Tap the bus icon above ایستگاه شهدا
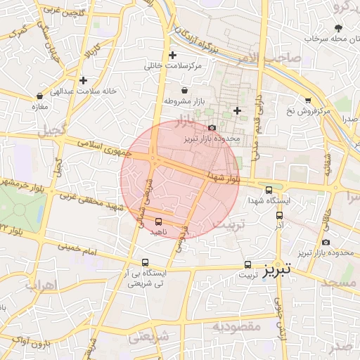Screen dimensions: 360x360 tap(269, 190)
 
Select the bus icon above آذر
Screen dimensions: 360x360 tap(280, 216)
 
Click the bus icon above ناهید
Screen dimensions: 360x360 tap(157, 221)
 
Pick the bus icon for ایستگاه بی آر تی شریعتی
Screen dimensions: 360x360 tap(145, 262)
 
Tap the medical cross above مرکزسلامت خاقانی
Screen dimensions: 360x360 tap(172, 55)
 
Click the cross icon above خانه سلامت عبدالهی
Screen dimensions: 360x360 tap(83, 80)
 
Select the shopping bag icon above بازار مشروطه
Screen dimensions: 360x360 tap(184, 91)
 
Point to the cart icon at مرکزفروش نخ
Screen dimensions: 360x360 tap(307, 101)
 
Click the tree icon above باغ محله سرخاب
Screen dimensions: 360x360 tap(340, 28)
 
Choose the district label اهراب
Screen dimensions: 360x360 tap(41, 286)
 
